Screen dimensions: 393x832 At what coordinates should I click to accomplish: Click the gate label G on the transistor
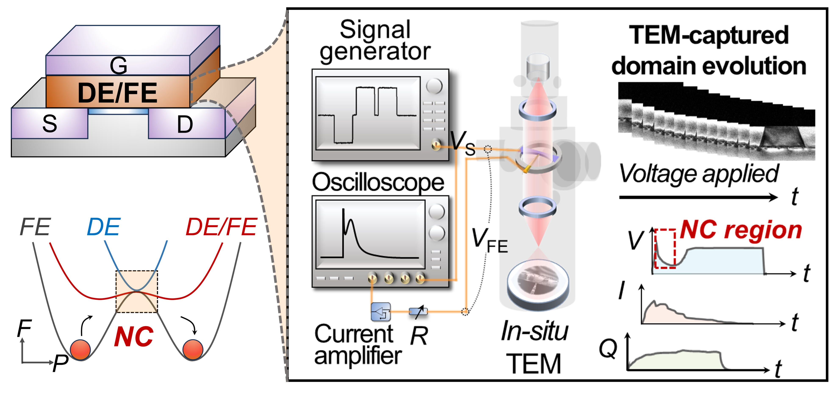[118, 66]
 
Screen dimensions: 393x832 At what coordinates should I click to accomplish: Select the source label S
[49, 124]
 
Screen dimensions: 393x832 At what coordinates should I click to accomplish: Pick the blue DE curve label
[104, 227]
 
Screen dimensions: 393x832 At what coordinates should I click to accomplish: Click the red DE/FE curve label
[221, 227]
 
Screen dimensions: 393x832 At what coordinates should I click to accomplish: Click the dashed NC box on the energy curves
[137, 292]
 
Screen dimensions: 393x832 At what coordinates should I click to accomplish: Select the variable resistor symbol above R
[418, 312]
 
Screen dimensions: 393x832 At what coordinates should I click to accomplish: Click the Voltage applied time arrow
[698, 197]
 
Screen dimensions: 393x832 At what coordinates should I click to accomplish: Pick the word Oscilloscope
[378, 183]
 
